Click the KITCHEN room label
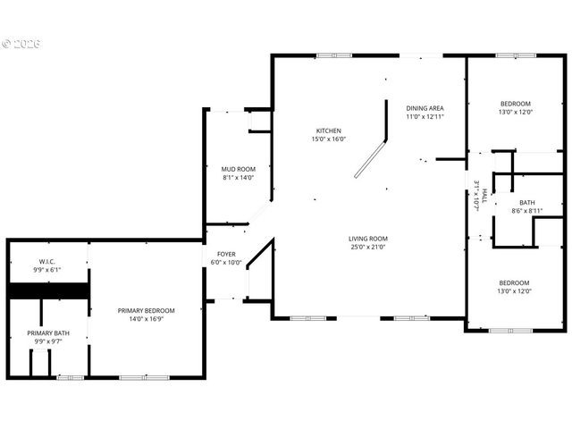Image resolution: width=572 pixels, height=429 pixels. [328, 130]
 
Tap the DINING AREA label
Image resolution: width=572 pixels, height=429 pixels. [425, 108]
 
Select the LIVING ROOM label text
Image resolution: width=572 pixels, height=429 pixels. [367, 239]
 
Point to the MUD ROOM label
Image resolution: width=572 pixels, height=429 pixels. [239, 169]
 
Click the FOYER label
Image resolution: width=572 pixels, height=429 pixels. [226, 254]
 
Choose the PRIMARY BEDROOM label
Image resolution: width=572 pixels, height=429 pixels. [147, 310]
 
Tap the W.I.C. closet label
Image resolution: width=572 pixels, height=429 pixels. [47, 261]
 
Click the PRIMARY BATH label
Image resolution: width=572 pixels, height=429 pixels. [47, 332]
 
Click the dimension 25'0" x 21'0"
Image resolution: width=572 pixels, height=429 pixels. [367, 248]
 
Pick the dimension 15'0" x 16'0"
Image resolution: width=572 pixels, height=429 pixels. [328, 139]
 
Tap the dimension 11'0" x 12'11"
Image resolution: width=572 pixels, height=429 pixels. [425, 117]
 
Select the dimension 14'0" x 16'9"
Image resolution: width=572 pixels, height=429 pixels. [147, 319]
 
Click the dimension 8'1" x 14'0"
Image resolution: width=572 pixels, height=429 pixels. [239, 178]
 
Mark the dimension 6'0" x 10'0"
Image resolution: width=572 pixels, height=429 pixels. [226, 263]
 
